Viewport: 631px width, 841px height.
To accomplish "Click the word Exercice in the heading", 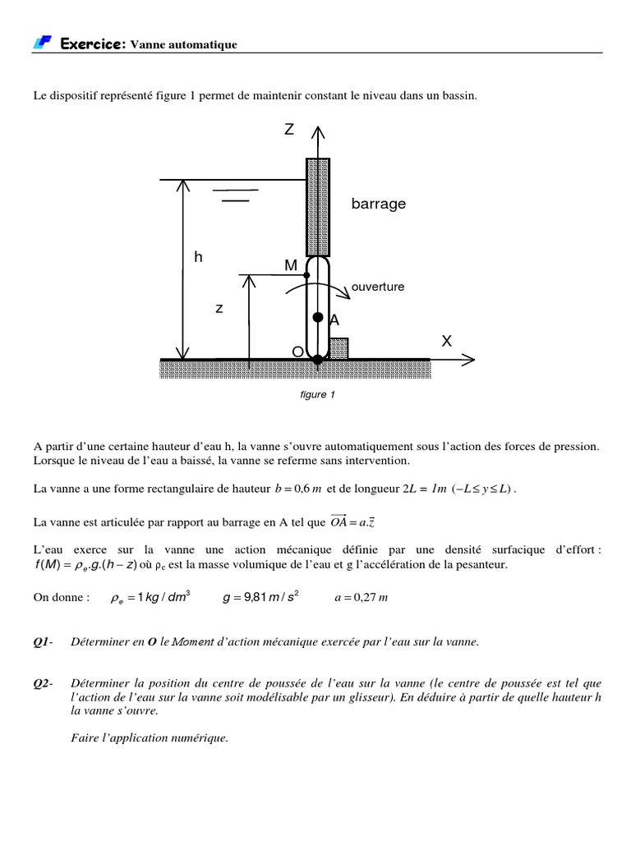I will (x=91, y=44).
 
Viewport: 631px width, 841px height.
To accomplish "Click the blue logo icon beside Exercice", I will (x=44, y=43).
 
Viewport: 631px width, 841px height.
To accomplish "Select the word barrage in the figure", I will (x=379, y=204).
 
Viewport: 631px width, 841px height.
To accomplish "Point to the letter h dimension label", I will (x=198, y=257).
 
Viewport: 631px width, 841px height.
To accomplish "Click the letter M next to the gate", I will (x=291, y=265).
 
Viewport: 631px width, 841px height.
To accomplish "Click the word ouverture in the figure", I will (x=378, y=287).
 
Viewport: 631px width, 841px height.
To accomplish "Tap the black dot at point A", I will (x=317, y=317).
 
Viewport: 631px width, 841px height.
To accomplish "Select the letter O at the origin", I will (x=297, y=352).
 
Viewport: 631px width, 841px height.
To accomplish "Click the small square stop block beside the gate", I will (x=339, y=348).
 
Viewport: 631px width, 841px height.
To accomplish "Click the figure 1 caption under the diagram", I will (x=318, y=395).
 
